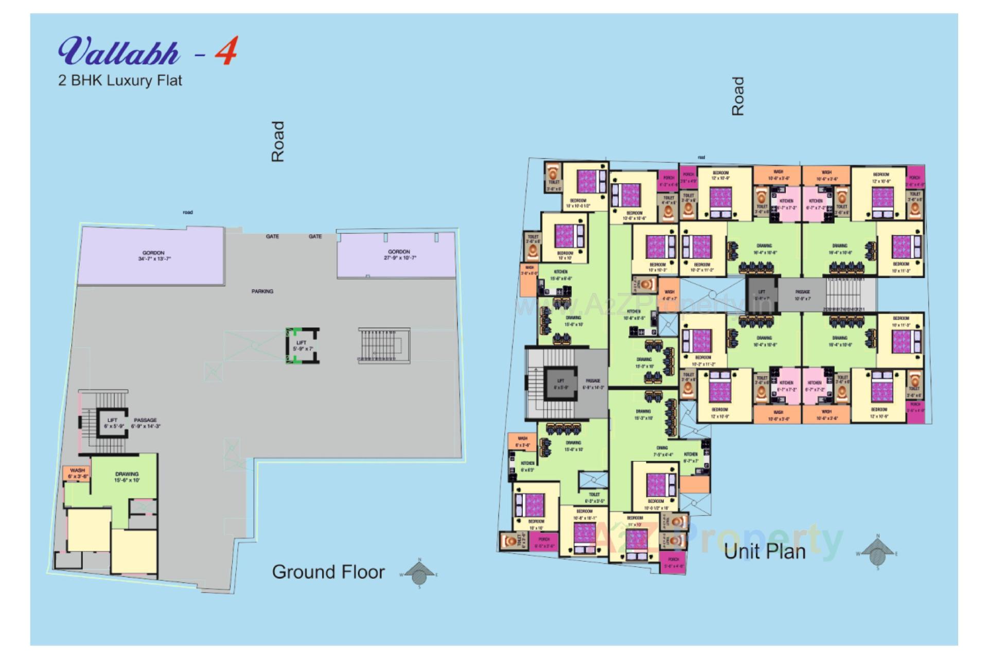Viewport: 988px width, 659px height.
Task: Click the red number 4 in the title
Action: [x=226, y=51]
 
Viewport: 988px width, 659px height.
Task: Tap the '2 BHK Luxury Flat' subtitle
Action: [x=120, y=81]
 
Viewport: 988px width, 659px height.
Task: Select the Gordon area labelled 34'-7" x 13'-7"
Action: [x=153, y=256]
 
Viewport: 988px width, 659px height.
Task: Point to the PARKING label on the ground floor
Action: [x=262, y=291]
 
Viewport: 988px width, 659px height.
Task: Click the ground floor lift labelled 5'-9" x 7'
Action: [x=302, y=345]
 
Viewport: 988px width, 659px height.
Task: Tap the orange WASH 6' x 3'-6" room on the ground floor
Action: [x=77, y=473]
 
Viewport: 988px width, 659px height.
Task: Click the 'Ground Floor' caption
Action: [x=328, y=572]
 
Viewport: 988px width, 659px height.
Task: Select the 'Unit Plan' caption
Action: [x=764, y=551]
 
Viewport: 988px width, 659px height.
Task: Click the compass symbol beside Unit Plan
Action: [x=878, y=554]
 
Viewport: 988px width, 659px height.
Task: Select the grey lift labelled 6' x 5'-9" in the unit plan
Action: [x=560, y=384]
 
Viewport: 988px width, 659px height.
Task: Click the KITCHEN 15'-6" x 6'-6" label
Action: [x=561, y=275]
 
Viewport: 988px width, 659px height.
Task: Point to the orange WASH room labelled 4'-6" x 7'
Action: [x=669, y=295]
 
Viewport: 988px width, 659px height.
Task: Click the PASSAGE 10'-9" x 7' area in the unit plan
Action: [x=802, y=295]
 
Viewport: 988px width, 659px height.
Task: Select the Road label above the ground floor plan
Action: [x=278, y=142]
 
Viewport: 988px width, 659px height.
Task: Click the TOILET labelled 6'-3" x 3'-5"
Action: [x=594, y=497]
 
